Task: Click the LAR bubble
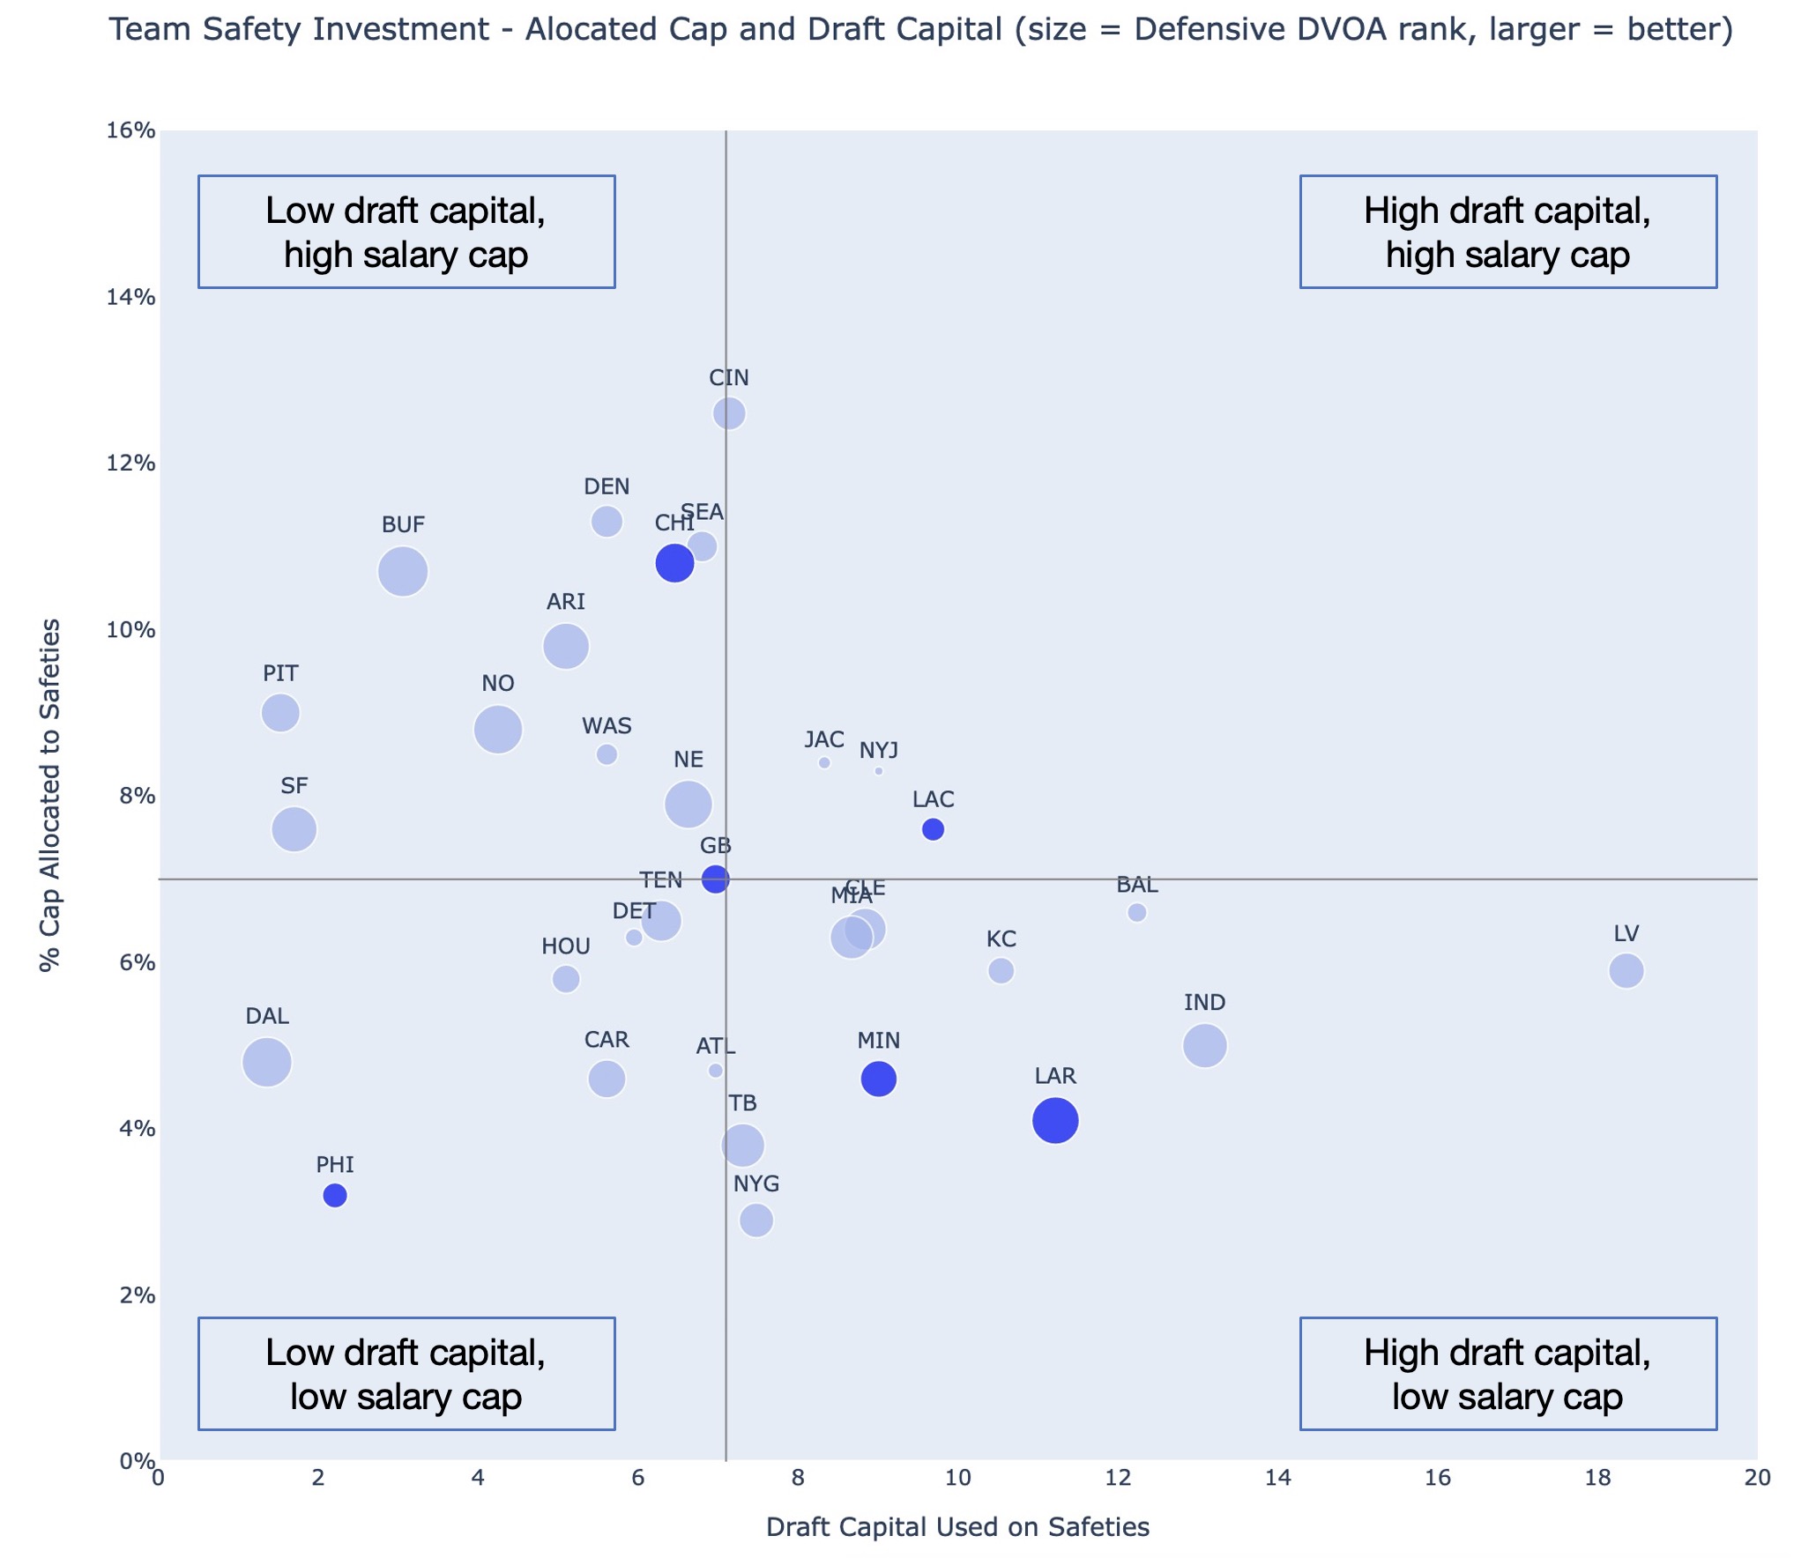coord(1054,1120)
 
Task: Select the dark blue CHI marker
coord(674,562)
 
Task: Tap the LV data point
coord(1626,970)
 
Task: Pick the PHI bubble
coord(335,1195)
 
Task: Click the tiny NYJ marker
coord(878,771)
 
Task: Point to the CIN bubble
coord(729,412)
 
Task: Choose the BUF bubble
coord(403,571)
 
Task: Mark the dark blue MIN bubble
coord(878,1078)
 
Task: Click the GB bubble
coord(715,879)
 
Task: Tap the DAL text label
coord(267,1016)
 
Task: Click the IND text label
coord(1204,1002)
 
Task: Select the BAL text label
coord(1136,885)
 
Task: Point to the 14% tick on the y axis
coord(130,297)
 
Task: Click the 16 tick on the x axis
coord(1438,1478)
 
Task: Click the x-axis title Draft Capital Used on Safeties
coord(957,1527)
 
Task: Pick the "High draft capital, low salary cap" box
coord(1507,1374)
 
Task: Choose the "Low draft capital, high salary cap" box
coord(406,232)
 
